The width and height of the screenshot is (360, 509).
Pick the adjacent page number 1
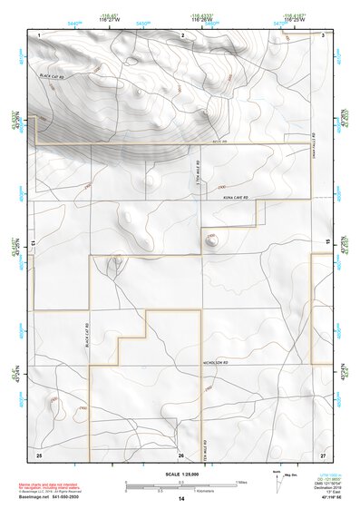(41, 34)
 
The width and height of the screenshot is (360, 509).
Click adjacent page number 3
(324, 34)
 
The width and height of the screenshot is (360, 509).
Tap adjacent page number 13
(33, 243)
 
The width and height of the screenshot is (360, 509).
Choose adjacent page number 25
(39, 454)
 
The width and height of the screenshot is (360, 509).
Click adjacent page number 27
(323, 454)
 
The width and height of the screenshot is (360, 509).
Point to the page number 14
(180, 499)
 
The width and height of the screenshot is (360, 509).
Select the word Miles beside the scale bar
(241, 482)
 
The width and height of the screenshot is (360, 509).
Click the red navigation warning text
(50, 486)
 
